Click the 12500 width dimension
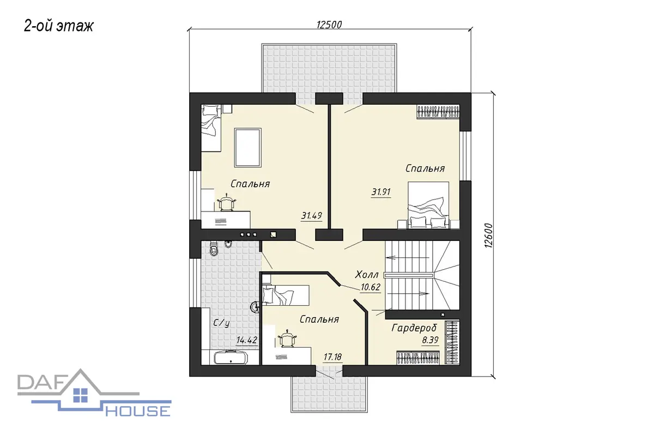click(x=329, y=25)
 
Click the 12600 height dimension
click(x=488, y=235)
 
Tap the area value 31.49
click(x=312, y=216)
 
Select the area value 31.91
click(x=381, y=192)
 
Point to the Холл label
click(x=367, y=275)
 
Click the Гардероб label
click(x=414, y=328)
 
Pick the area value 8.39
click(x=430, y=340)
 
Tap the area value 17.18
click(x=332, y=356)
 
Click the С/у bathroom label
click(x=221, y=323)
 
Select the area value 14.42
click(x=247, y=340)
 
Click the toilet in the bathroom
click(x=214, y=248)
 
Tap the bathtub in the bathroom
click(x=231, y=357)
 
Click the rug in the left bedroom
click(x=247, y=148)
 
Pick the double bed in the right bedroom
click(x=428, y=205)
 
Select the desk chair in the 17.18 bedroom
click(x=288, y=338)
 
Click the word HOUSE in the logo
click(x=138, y=411)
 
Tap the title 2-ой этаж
click(x=58, y=26)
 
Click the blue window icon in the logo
click(x=81, y=395)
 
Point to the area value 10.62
click(x=371, y=287)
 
